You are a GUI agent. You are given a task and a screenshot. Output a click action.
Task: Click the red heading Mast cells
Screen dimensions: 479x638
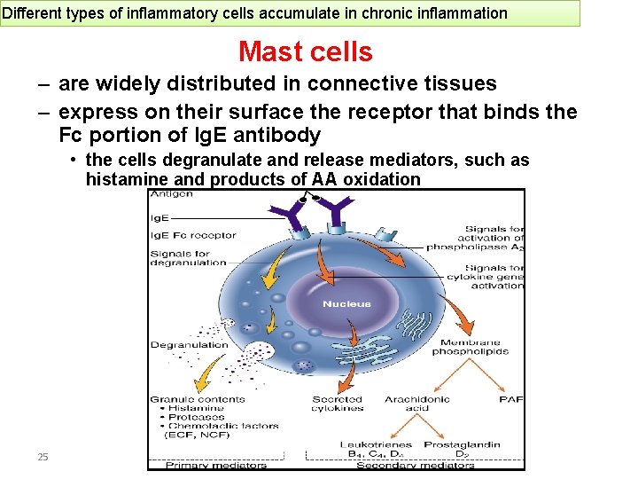(306, 52)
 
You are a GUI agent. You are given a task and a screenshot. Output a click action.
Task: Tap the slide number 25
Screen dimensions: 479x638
(43, 457)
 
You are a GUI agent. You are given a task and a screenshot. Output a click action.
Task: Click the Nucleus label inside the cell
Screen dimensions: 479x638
(346, 304)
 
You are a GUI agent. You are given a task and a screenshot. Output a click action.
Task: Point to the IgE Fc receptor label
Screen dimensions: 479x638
(193, 235)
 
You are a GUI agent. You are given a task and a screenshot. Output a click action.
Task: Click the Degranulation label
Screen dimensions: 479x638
(189, 345)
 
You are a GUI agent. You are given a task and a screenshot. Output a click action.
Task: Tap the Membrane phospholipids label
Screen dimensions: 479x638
(471, 347)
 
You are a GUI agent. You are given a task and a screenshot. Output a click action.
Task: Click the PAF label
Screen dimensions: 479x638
(511, 400)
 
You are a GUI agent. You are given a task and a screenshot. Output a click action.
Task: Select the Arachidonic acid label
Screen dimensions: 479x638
(417, 404)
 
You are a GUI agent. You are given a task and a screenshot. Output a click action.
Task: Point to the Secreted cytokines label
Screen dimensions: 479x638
(338, 404)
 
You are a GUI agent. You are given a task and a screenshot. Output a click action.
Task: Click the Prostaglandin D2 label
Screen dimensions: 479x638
(462, 449)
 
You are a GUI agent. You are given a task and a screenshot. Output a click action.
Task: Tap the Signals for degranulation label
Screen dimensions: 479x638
(188, 257)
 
